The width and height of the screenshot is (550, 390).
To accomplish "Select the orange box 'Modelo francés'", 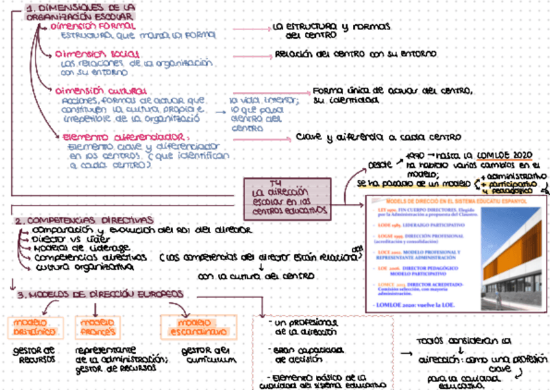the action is tap(97, 326).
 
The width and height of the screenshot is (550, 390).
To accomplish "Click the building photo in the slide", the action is tap(512, 260).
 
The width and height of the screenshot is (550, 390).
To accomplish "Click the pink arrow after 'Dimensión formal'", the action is tap(250, 29).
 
